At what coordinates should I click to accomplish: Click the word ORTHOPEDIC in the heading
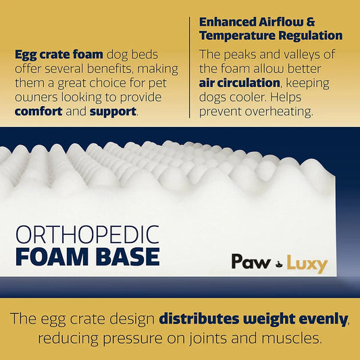click(86, 235)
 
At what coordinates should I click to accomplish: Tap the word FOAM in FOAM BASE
click(46, 257)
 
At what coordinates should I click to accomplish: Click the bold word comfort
click(39, 111)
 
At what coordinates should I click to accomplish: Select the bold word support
click(112, 111)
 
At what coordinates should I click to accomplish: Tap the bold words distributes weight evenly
click(254, 317)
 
